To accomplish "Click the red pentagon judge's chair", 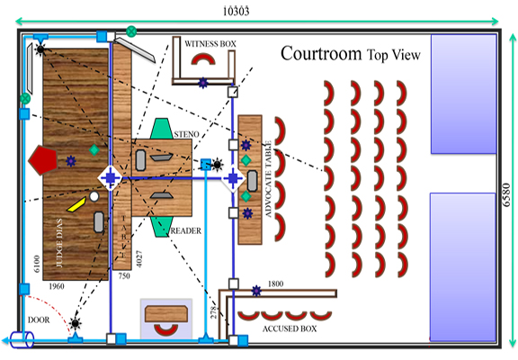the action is pos(42,160).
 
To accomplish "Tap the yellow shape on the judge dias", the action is pos(76,204).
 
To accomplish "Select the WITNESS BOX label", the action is pos(210,43).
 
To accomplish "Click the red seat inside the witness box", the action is pos(203,58).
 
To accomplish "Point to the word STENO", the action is pos(187,134).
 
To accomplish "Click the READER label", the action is pos(185,230).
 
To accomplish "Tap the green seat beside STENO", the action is pos(161,129).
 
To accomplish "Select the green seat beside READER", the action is pos(162,227).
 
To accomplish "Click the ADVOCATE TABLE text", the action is pos(268,179).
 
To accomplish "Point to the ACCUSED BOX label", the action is pos(290,328).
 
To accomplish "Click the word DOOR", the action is pos(39,320).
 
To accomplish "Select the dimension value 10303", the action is pos(236,12).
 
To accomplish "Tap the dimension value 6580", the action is pos(506,195).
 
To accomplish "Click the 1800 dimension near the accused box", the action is pos(275,283).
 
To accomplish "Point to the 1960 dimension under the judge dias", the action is pos(57,286).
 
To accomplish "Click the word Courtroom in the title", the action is pos(321,54).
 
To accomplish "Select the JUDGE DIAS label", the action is pos(59,243).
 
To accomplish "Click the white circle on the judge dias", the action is pos(94,196).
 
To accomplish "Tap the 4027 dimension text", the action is pos(139,259).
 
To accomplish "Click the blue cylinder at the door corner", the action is pos(22,340).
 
